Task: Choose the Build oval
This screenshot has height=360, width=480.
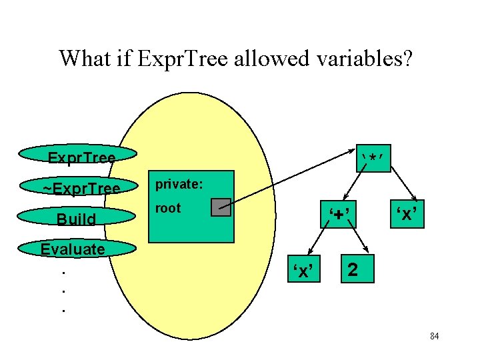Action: [x=77, y=219]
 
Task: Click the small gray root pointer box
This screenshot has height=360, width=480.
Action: [x=221, y=207]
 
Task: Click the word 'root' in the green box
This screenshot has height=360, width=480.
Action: [x=167, y=208]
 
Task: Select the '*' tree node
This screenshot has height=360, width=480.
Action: [x=373, y=158]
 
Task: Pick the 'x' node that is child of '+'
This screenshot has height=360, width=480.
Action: [x=304, y=270]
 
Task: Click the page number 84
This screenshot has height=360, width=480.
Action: [x=434, y=337]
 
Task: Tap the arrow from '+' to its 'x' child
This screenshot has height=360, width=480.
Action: [x=319, y=243]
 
